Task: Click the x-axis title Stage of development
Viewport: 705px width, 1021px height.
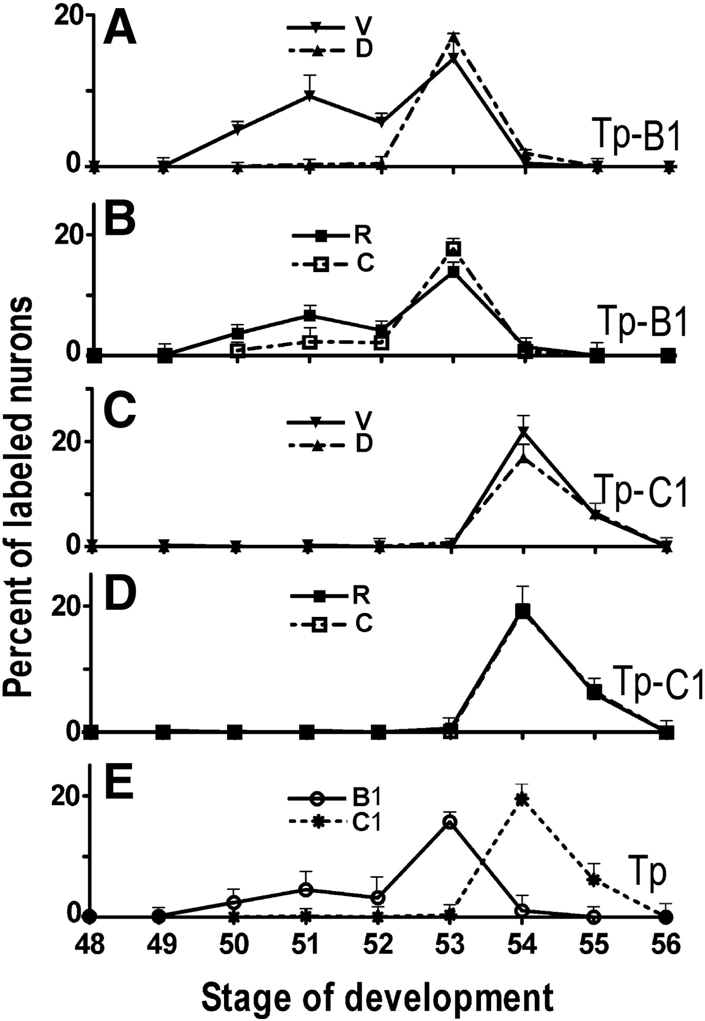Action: click(x=378, y=995)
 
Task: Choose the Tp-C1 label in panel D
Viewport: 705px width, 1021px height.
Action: click(x=657, y=683)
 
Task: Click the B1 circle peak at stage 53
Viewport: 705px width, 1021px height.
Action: click(x=450, y=823)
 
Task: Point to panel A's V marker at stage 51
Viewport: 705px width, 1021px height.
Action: click(x=309, y=96)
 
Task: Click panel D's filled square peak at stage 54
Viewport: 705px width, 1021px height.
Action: click(x=522, y=611)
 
